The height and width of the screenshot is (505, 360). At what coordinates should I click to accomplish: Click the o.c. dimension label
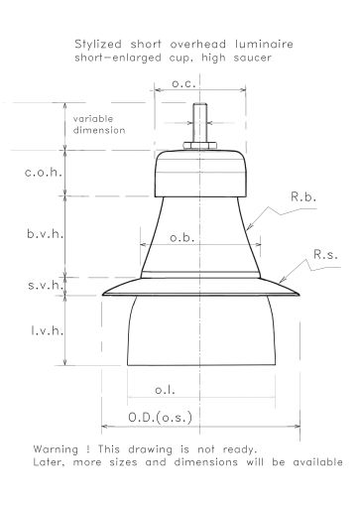183,83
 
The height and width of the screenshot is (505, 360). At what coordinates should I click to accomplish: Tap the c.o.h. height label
44,172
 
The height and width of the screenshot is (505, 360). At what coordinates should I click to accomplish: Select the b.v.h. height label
46,234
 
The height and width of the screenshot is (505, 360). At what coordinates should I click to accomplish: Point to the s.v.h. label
46,285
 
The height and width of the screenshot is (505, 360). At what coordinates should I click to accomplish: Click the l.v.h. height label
48,330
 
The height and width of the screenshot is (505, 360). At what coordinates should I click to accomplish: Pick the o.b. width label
182,237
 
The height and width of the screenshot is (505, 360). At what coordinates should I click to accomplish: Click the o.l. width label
165,390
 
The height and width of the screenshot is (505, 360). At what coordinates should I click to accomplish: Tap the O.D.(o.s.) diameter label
161,417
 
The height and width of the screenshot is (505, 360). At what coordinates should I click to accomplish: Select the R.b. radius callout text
303,196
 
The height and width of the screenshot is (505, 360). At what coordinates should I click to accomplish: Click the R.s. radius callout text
325,255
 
